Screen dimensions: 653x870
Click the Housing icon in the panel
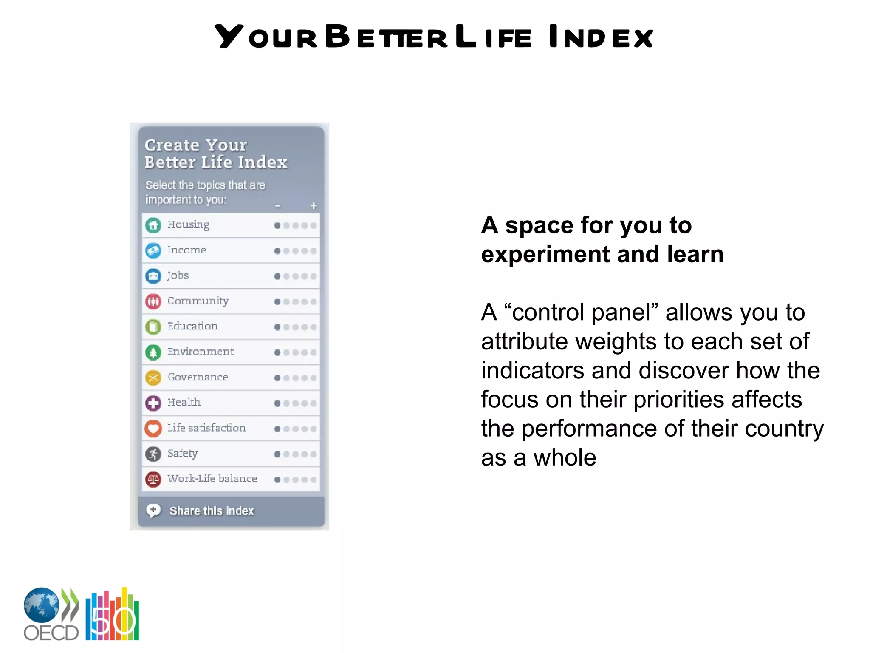click(x=153, y=225)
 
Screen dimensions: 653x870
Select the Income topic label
click(x=186, y=250)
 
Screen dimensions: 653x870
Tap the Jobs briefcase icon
click(x=153, y=276)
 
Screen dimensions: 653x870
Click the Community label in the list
click(x=198, y=301)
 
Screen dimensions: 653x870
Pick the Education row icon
click(x=153, y=326)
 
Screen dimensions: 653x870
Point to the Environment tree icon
click(x=153, y=352)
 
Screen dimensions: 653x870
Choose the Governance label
click(x=198, y=377)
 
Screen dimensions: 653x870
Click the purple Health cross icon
click(x=153, y=403)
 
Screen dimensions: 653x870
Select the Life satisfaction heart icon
click(x=153, y=428)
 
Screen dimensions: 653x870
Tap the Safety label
click(x=182, y=453)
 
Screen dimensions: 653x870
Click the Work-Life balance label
click(x=212, y=479)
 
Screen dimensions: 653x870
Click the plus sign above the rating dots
click(x=314, y=206)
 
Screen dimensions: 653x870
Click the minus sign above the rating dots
click(x=277, y=206)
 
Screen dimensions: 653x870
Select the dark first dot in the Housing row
click(x=277, y=225)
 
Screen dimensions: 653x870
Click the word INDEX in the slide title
click(x=600, y=37)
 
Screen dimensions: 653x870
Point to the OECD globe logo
click(x=42, y=605)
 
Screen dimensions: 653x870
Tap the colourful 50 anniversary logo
click(x=113, y=615)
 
